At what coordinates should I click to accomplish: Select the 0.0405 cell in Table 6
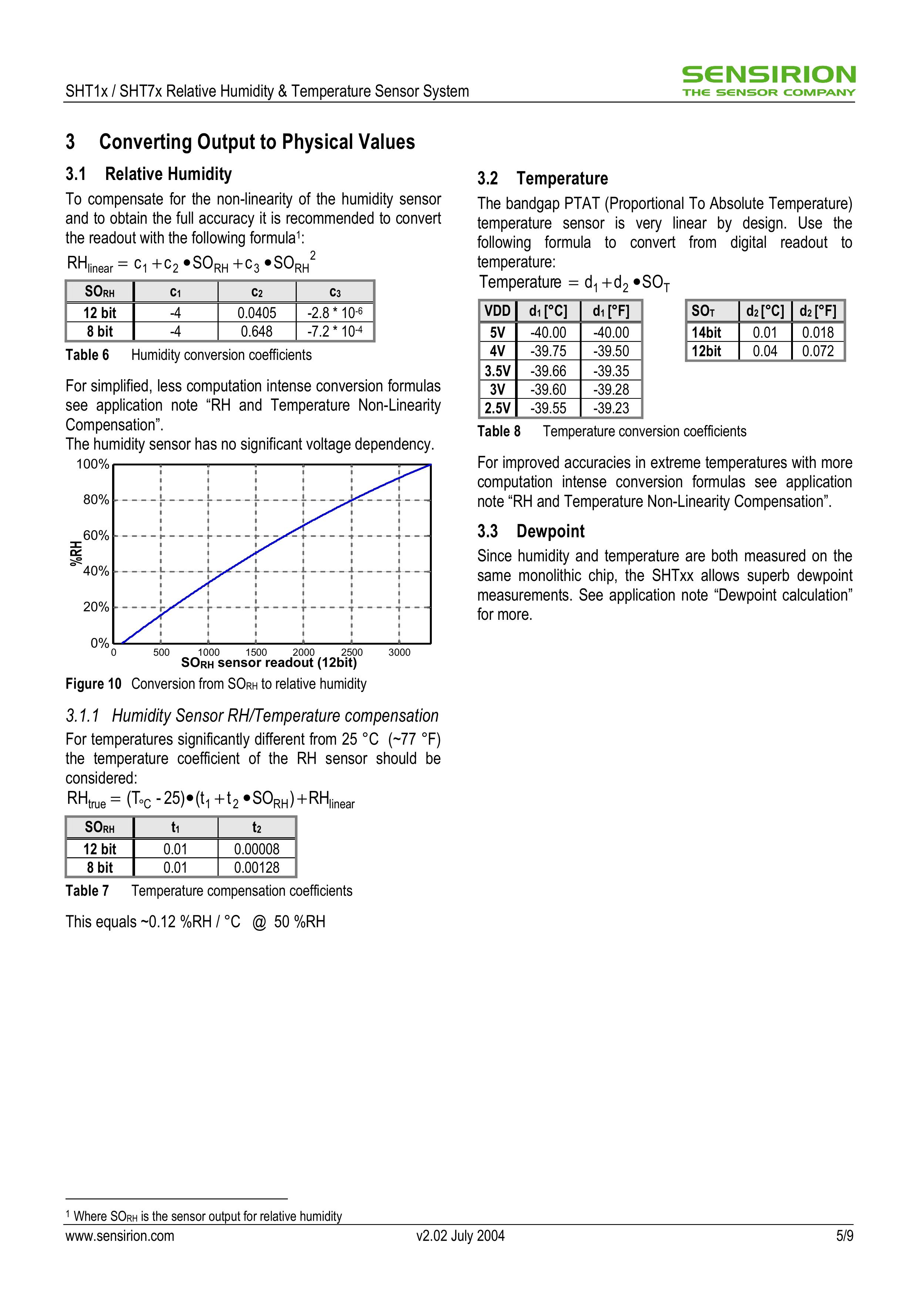click(x=256, y=313)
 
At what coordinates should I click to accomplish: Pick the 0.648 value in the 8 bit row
click(x=256, y=331)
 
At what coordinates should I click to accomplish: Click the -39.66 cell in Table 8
click(x=548, y=371)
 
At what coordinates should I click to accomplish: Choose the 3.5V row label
click(x=498, y=371)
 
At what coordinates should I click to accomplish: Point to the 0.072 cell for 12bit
click(x=818, y=351)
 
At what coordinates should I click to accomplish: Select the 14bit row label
click(x=706, y=332)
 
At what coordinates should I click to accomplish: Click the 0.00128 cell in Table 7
click(x=256, y=868)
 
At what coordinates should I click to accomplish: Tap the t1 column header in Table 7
click(x=175, y=828)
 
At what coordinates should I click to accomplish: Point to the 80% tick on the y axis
click(x=96, y=499)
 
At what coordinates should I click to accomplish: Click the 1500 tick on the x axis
click(x=256, y=652)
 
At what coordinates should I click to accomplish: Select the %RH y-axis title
click(x=75, y=553)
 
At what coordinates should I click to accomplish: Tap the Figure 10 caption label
click(x=93, y=684)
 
